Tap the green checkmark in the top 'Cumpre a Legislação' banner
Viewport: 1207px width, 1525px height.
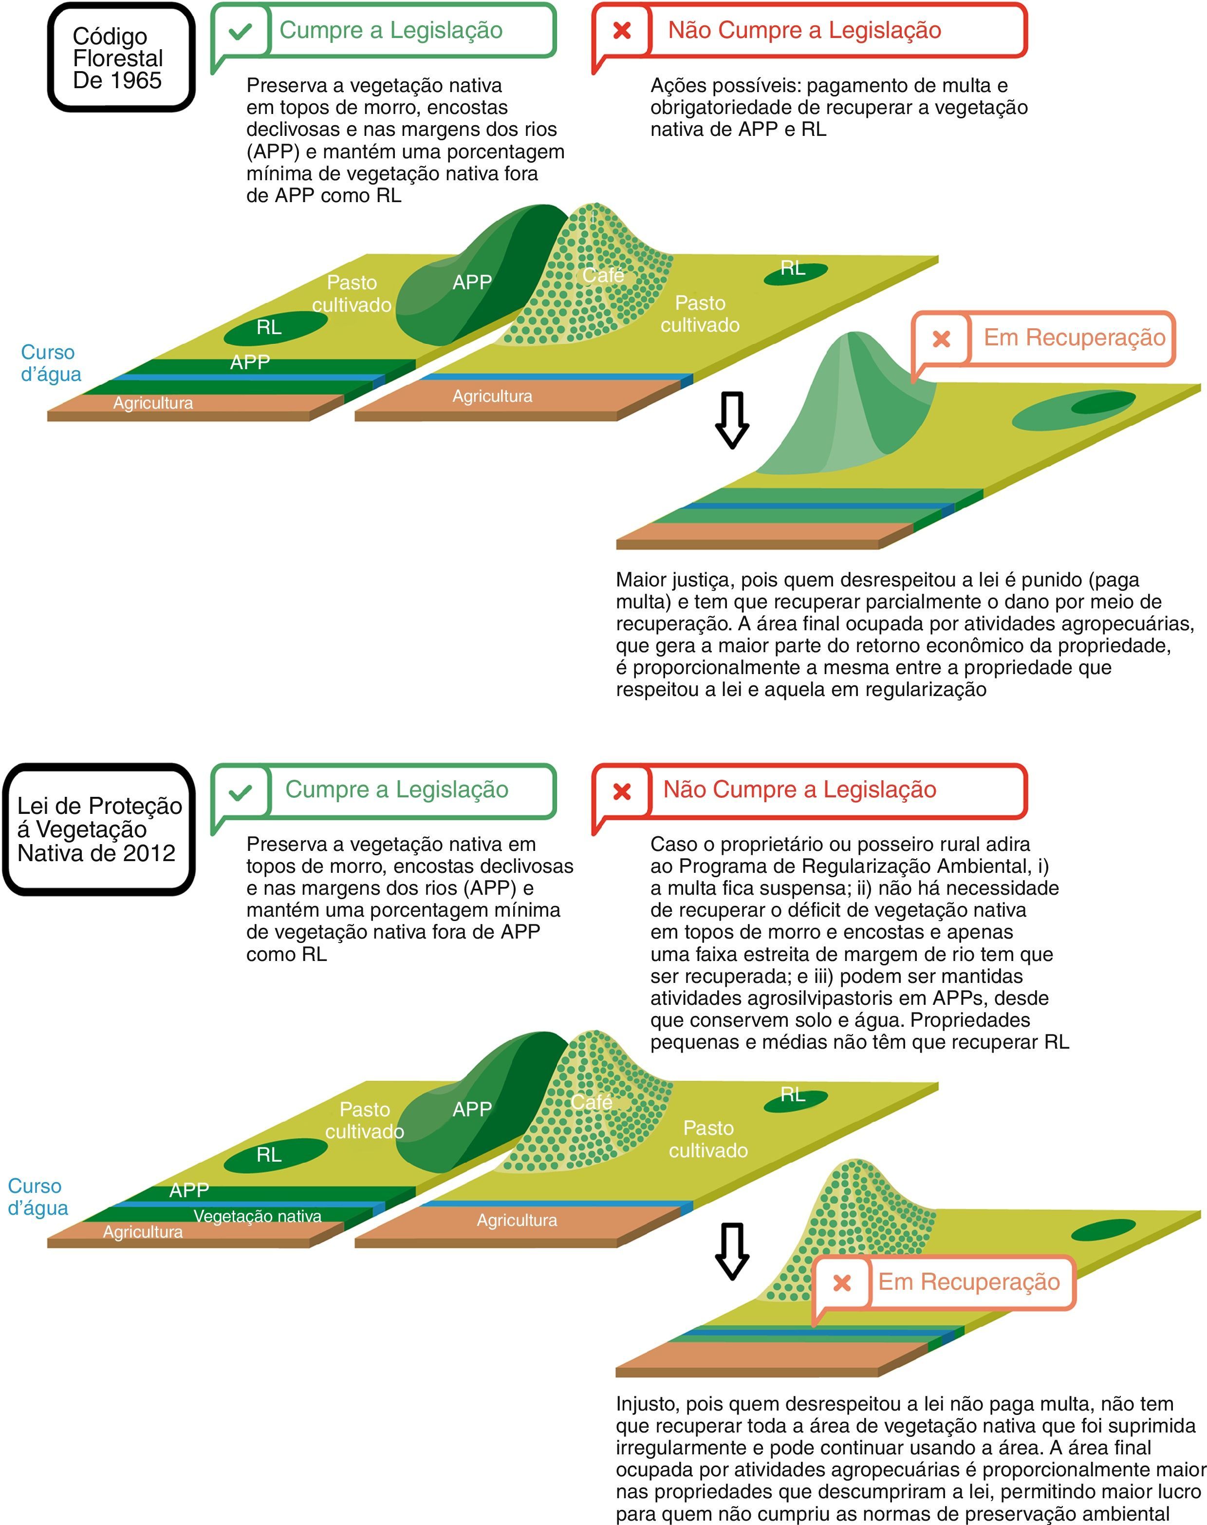click(240, 31)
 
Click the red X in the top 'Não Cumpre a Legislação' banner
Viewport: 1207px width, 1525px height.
click(622, 30)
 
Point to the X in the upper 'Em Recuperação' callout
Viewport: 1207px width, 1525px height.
click(941, 339)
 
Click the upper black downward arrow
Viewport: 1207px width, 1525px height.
click(732, 420)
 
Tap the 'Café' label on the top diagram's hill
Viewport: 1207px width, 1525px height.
click(603, 275)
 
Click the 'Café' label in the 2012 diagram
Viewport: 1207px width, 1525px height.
click(592, 1102)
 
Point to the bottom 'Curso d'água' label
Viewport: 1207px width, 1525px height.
click(38, 1196)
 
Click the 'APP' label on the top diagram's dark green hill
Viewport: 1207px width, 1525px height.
click(472, 282)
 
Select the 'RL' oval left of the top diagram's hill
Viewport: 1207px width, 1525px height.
click(269, 327)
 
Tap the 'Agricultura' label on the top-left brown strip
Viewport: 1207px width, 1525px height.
click(153, 403)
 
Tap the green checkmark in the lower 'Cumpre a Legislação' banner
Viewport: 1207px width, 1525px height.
click(240, 792)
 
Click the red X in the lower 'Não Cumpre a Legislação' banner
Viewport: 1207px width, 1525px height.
click(622, 791)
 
